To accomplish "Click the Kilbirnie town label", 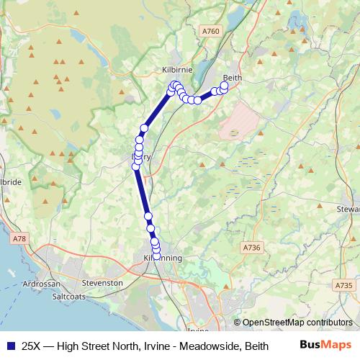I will (x=176, y=70).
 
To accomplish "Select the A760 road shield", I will (x=210, y=31).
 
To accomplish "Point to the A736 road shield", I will (x=251, y=248).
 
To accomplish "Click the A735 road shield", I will (x=344, y=285).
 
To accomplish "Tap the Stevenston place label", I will (x=103, y=284).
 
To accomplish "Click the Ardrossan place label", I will (x=42, y=284).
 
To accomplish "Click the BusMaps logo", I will (x=325, y=345).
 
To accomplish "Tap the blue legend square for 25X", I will (x=10, y=346).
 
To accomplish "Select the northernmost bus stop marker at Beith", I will (x=224, y=86).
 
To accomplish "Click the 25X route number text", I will (x=31, y=346).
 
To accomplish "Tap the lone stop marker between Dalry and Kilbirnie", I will (x=144, y=128).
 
